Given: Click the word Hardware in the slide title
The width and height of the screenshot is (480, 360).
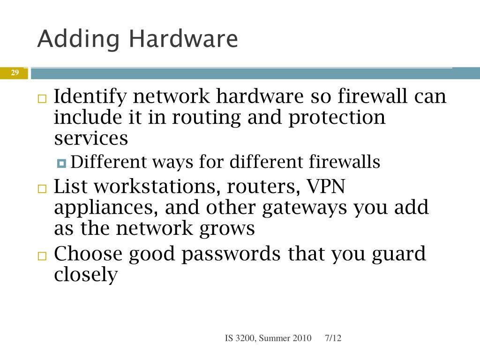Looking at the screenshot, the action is point(183,39).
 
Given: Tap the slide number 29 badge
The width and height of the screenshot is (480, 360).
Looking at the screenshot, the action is point(15,73).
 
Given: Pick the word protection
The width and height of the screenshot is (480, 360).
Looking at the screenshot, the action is point(337,117).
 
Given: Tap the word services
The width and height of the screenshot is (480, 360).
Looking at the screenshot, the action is point(91,138).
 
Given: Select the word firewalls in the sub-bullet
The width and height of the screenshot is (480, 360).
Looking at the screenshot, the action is point(345,162).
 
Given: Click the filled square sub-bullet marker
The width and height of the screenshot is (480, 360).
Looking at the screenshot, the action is point(62,164).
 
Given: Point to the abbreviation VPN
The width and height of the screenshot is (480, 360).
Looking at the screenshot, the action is point(325,187).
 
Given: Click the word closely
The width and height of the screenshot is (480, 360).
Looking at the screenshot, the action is point(85,275).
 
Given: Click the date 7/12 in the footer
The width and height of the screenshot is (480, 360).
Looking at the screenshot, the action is point(333,338).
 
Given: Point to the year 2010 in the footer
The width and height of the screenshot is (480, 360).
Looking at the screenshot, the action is point(302,338).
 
